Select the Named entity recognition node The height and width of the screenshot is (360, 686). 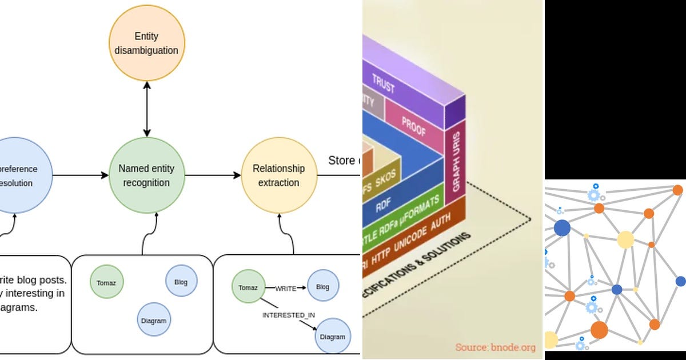point(146,175)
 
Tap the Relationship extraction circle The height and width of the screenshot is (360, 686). point(278,175)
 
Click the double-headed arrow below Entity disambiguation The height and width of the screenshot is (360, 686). point(147,109)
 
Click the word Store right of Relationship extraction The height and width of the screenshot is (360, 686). point(341,161)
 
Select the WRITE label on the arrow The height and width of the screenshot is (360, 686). point(285,289)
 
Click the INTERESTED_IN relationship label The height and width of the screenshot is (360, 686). point(289,315)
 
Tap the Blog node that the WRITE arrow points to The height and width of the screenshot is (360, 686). point(322,287)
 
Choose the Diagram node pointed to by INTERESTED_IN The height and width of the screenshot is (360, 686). point(332,337)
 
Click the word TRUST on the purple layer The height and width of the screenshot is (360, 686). point(384,84)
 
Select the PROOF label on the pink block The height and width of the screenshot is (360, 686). point(413,126)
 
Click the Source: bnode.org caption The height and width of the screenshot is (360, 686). point(495,347)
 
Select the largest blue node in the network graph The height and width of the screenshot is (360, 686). point(562,228)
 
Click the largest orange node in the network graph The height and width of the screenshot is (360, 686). point(599,330)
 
